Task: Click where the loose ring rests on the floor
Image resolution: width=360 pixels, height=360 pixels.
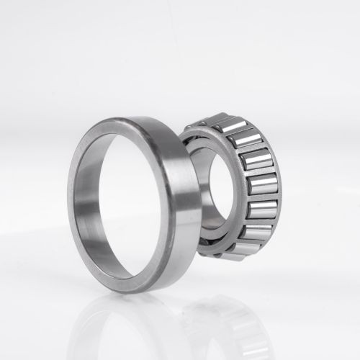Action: (137, 291)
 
